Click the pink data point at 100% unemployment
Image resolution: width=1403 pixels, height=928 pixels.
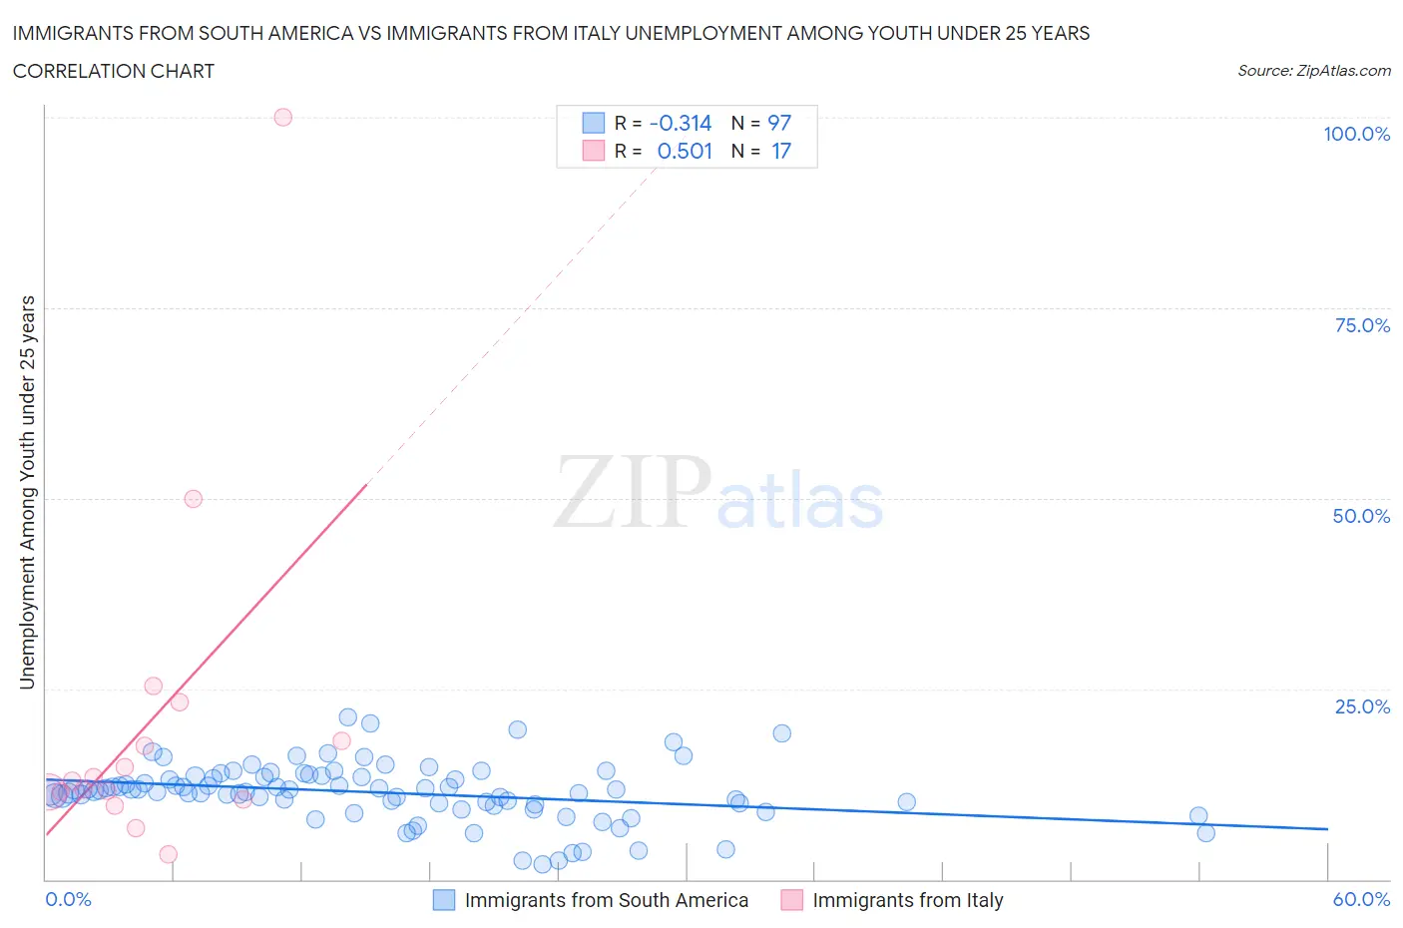point(282,117)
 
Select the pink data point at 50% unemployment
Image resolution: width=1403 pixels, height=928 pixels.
point(194,499)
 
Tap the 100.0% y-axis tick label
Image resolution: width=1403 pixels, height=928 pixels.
point(1356,134)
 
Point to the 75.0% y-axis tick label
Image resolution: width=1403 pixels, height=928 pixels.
point(1362,325)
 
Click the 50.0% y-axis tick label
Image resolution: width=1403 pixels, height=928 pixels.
point(1361,516)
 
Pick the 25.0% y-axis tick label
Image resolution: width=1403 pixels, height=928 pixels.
point(1362,706)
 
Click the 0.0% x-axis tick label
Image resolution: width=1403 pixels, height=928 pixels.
point(68,899)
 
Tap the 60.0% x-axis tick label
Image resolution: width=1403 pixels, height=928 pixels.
point(1361,899)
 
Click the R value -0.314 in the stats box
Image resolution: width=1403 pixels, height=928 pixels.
point(681,123)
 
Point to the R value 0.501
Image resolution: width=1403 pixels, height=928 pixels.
point(685,151)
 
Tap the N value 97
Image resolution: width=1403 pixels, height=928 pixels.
point(779,123)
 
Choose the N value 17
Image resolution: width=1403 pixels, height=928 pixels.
point(781,151)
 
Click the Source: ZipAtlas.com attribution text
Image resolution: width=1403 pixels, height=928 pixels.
point(1313,71)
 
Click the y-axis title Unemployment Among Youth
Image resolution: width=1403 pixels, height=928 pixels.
point(28,492)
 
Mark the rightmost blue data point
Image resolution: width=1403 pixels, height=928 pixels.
point(1205,833)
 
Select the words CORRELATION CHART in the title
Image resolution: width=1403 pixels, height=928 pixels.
point(114,71)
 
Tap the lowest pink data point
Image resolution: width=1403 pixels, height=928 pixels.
point(168,854)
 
